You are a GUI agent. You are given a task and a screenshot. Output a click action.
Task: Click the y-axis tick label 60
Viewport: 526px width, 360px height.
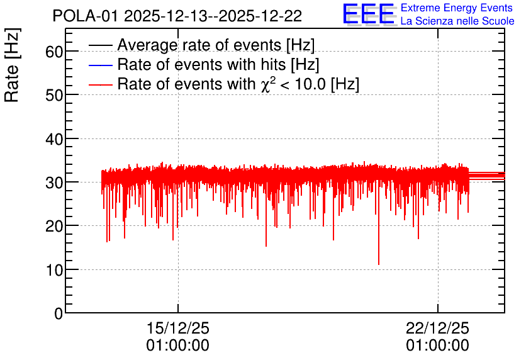pos(54,52)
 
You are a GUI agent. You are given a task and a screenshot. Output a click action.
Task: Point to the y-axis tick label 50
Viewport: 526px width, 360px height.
pos(54,95)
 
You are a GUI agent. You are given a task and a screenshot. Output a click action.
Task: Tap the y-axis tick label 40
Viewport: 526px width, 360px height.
pos(54,139)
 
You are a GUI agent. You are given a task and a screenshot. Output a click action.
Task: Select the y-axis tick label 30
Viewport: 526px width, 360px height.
pos(54,183)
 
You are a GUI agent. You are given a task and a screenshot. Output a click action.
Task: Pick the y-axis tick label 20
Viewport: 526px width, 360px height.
pos(54,226)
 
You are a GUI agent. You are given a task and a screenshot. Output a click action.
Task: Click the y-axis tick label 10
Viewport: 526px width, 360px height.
pos(54,270)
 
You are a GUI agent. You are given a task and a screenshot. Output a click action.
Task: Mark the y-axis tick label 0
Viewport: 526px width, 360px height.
pos(59,313)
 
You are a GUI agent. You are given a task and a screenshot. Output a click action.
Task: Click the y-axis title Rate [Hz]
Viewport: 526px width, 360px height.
pos(12,65)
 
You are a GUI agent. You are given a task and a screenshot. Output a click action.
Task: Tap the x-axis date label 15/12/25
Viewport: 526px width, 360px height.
pos(178,328)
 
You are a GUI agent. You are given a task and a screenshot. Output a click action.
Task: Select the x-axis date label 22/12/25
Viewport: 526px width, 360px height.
pos(437,328)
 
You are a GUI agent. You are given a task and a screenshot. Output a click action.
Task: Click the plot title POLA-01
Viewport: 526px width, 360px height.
pos(85,16)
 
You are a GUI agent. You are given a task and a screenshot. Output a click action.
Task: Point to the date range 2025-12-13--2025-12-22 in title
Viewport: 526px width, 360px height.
pos(213,16)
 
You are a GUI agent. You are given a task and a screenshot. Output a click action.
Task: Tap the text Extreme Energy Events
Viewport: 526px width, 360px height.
pos(457,8)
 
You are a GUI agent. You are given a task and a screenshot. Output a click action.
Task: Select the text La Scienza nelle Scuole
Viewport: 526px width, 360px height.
pos(457,21)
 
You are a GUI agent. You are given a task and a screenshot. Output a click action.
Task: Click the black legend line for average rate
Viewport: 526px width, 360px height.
pos(100,45)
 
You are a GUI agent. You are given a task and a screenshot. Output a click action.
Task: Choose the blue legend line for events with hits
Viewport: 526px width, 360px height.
pos(100,65)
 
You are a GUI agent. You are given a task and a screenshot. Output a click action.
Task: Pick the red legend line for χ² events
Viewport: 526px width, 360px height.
pos(100,84)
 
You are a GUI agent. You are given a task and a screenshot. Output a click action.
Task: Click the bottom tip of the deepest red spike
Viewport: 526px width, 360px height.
pos(379,265)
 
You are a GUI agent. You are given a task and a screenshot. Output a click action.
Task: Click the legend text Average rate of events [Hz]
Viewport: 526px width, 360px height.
pos(216,45)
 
